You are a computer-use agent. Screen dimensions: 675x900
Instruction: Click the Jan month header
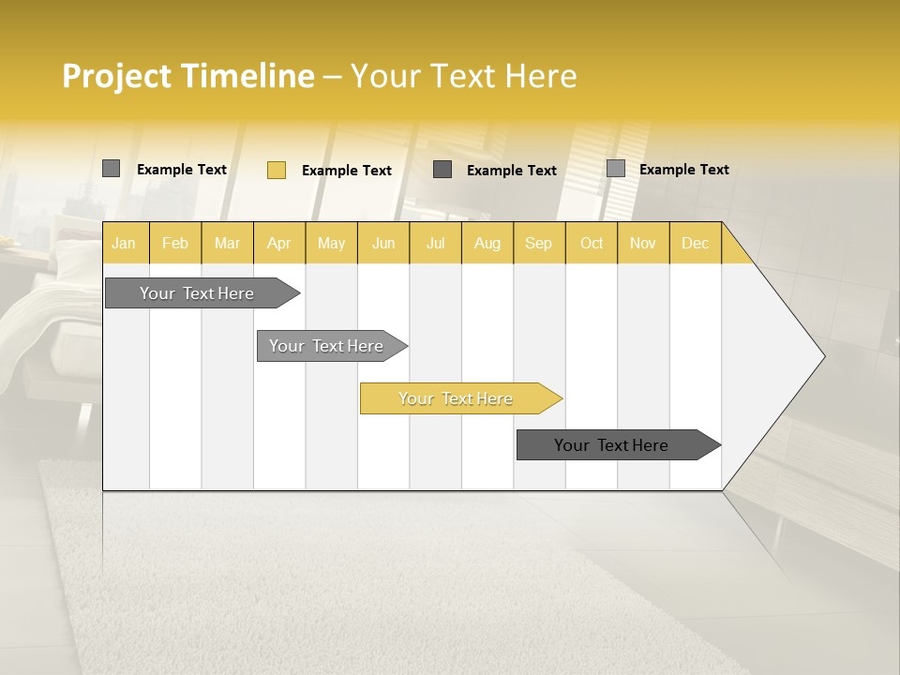coord(125,243)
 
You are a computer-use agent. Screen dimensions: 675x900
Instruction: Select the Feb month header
coord(175,243)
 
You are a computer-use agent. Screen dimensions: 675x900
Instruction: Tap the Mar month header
coord(227,243)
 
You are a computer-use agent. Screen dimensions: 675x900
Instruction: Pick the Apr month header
coord(278,243)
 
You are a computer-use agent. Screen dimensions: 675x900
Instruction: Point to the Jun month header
coord(383,243)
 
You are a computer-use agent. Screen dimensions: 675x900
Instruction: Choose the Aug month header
coord(487,243)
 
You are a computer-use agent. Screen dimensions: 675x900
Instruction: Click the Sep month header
coord(538,243)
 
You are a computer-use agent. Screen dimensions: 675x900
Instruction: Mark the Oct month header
coord(592,243)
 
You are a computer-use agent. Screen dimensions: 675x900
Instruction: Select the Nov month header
coord(642,243)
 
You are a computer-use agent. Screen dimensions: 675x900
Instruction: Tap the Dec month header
coord(695,243)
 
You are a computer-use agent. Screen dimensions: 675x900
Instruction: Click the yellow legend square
coord(276,170)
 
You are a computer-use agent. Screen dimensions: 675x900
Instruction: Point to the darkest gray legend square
coord(442,169)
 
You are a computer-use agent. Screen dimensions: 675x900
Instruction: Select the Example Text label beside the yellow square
coord(346,171)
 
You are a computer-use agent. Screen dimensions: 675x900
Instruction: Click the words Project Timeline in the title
coord(187,76)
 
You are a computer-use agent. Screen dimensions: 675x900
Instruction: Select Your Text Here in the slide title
coord(463,76)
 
